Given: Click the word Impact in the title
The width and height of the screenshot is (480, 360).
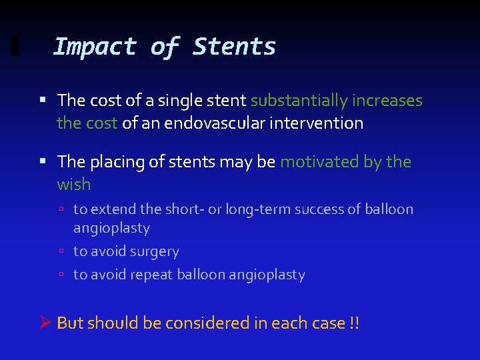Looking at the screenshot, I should point(94,47).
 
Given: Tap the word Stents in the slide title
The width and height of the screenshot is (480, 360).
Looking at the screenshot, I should point(234,47).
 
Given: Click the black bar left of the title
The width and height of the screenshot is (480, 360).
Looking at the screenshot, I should point(15,46).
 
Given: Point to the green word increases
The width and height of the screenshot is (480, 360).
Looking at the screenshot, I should point(389,101).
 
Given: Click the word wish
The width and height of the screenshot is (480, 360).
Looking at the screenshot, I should point(73,184).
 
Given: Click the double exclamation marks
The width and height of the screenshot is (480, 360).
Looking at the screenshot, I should point(354,323).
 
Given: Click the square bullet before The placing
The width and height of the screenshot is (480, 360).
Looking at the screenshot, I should point(42,162).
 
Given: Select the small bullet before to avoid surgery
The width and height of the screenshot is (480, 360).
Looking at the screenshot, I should point(61,252).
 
